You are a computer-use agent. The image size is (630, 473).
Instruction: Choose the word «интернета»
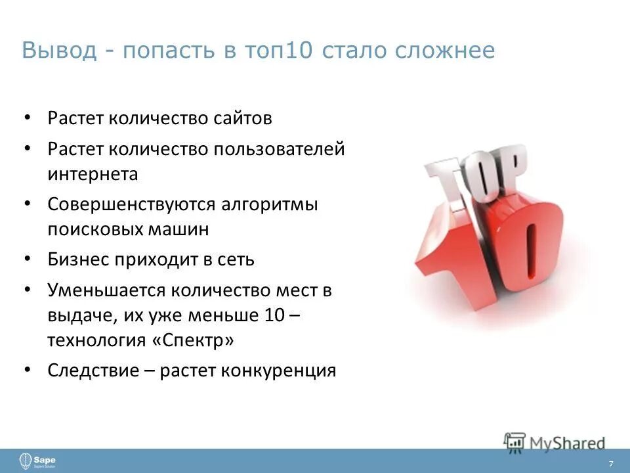coord(93,174)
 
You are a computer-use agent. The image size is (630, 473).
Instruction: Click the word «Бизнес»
coord(80,259)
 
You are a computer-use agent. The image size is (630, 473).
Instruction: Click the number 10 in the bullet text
coord(274,315)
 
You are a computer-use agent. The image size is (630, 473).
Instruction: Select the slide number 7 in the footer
coord(611,464)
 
